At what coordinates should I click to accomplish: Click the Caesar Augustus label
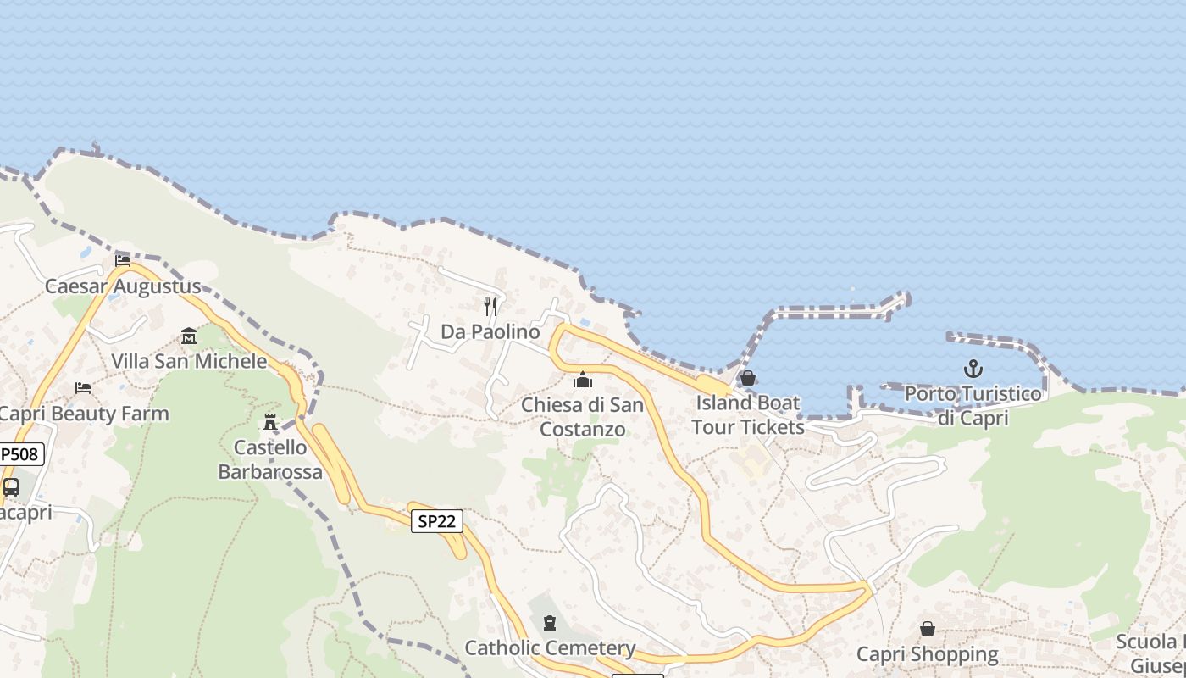click(123, 286)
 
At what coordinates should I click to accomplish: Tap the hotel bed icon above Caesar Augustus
click(123, 260)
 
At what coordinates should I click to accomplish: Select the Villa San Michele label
click(189, 362)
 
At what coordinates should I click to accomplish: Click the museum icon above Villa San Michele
click(189, 336)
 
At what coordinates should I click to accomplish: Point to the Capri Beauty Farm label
click(84, 414)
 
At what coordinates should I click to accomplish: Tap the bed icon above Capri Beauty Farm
click(83, 388)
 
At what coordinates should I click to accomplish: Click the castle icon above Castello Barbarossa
click(270, 421)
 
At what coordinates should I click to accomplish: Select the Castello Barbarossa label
click(270, 459)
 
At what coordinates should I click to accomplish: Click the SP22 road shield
click(437, 521)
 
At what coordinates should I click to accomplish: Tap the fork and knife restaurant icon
click(490, 306)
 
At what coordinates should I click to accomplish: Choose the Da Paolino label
click(490, 332)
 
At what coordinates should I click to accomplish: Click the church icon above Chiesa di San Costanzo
click(583, 380)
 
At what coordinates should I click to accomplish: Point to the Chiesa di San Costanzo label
click(583, 417)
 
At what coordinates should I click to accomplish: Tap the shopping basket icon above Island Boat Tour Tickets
click(748, 378)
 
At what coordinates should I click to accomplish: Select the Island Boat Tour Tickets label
click(748, 414)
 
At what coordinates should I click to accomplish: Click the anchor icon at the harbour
click(973, 369)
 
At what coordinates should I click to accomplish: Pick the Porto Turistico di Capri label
click(973, 406)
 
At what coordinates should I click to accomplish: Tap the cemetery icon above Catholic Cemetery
click(550, 624)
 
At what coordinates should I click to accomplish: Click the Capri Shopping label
click(928, 654)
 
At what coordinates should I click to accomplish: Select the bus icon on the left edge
click(11, 487)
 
